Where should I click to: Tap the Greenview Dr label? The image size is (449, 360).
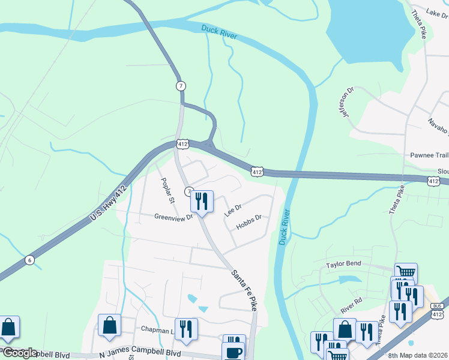tap(173, 217)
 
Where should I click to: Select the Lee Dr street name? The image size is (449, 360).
tap(232, 210)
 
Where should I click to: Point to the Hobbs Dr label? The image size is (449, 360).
tap(249, 222)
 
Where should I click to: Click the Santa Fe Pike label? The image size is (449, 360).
tap(244, 289)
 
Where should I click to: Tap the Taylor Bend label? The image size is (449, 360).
tap(343, 264)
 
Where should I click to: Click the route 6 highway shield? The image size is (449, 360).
tap(29, 260)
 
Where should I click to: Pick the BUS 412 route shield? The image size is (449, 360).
tap(436, 311)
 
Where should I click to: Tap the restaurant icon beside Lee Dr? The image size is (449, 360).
tap(202, 201)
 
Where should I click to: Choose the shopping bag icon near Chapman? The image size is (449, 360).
tap(109, 326)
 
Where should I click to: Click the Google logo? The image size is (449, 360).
tap(20, 353)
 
